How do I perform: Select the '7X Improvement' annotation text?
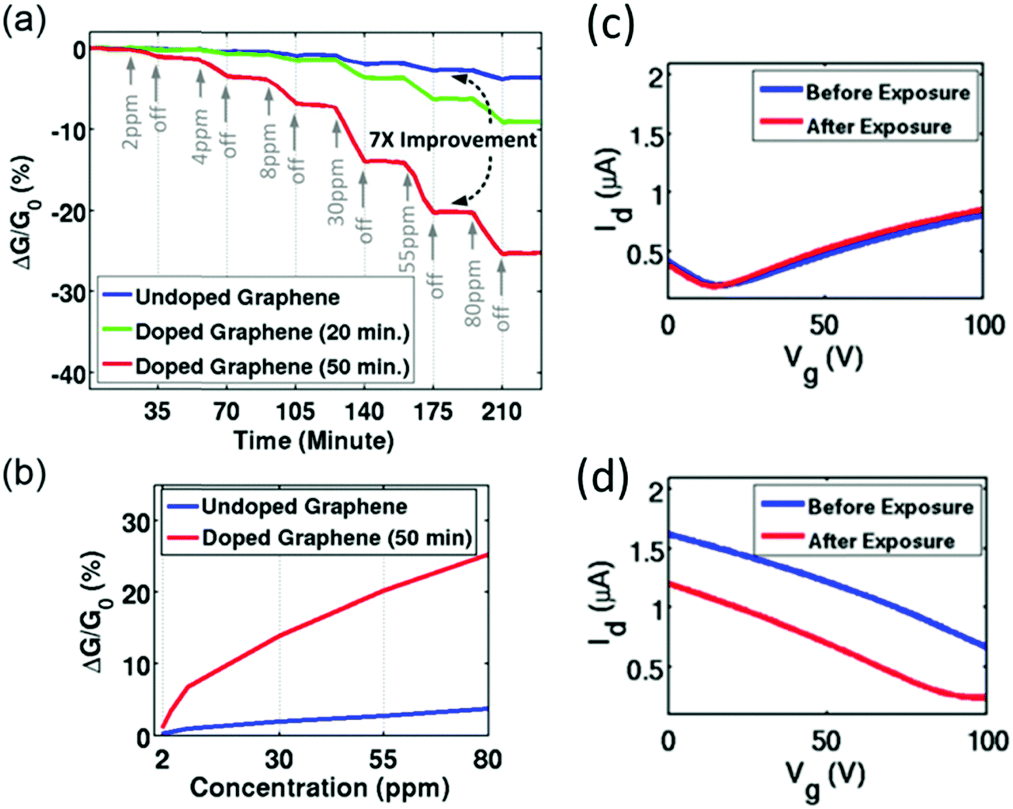click(x=453, y=140)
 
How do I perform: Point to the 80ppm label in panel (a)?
click(x=472, y=292)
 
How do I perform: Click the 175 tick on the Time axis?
click(x=433, y=411)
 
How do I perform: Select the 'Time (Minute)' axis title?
click(x=314, y=441)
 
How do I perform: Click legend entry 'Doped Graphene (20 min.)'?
click(x=272, y=331)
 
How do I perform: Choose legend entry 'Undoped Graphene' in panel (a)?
click(x=237, y=297)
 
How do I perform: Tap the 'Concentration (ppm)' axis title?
click(x=320, y=788)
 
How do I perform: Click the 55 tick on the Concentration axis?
click(x=383, y=759)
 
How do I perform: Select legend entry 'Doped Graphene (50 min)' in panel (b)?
click(x=337, y=538)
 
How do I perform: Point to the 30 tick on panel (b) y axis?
click(x=137, y=522)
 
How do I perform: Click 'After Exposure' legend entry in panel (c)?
click(x=879, y=126)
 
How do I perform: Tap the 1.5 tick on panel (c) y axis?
click(x=641, y=136)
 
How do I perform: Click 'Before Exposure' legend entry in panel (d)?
click(x=890, y=506)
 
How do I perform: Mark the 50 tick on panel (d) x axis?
click(x=826, y=741)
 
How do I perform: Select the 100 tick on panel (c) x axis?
click(x=984, y=324)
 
